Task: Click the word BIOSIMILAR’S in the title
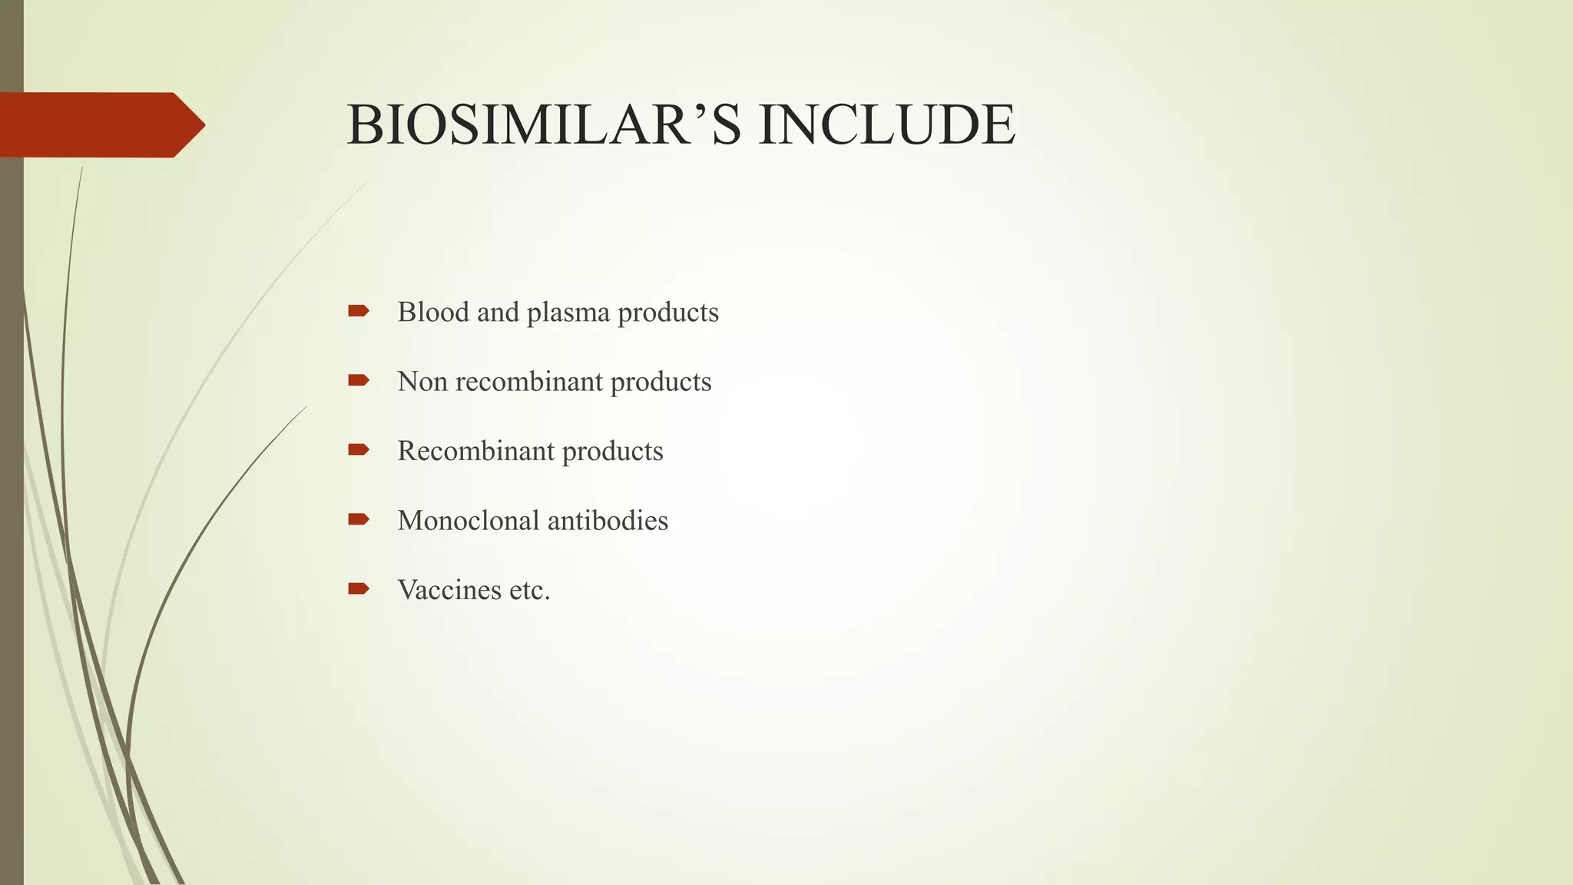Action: (544, 125)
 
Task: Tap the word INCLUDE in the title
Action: (886, 125)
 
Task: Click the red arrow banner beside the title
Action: (100, 125)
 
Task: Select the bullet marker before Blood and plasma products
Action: (358, 311)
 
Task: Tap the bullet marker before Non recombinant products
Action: (358, 380)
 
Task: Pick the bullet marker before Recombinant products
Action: (358, 449)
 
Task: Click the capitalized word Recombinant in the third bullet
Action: (475, 451)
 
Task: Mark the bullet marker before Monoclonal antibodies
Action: (358, 519)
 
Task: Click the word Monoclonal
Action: (469, 521)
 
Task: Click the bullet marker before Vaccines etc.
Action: (358, 588)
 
